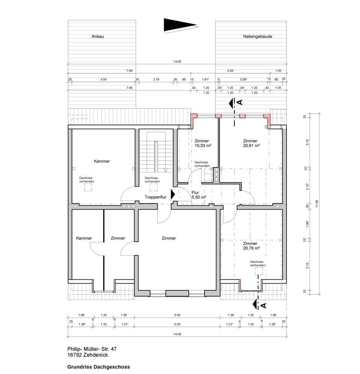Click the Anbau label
click(98, 36)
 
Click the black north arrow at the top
click(180, 25)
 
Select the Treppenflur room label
click(156, 197)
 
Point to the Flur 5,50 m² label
click(199, 195)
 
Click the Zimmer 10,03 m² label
click(203, 143)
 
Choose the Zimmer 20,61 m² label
click(251, 143)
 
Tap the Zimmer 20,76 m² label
click(251, 246)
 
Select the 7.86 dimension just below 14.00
click(129, 71)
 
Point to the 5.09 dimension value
click(230, 71)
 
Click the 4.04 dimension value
click(103, 79)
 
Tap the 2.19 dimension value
click(156, 79)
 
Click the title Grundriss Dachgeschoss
click(98, 367)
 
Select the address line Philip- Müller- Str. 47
click(92, 349)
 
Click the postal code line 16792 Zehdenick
click(88, 355)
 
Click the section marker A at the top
click(240, 102)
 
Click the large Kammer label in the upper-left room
click(102, 161)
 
